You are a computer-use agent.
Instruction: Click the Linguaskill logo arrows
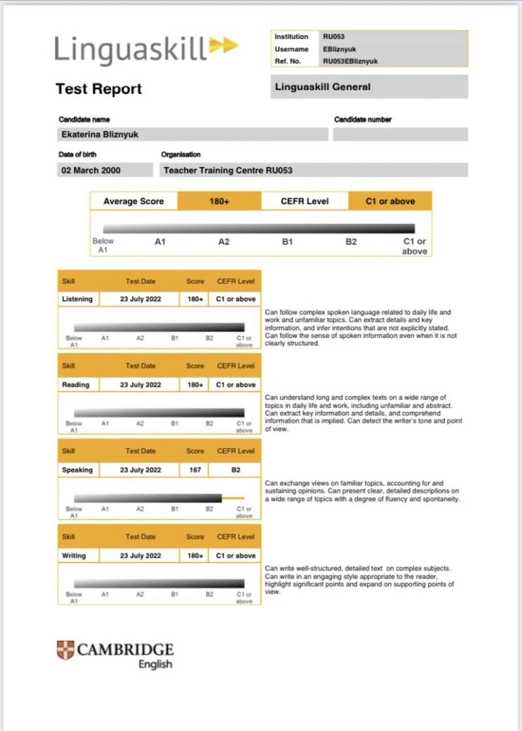point(224,46)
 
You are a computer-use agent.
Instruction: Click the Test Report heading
point(99,89)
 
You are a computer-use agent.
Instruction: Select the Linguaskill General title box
point(369,87)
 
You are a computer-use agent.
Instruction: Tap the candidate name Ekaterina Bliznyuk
point(99,134)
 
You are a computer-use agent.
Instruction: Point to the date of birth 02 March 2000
point(91,170)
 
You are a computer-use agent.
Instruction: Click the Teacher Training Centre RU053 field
point(228,170)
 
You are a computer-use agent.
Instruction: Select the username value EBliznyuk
point(339,49)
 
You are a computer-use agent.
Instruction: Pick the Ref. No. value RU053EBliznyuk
point(350,61)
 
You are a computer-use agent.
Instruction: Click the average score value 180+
point(219,201)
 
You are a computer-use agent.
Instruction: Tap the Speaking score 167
point(195,470)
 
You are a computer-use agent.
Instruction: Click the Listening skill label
point(77,299)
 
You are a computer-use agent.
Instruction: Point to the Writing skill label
point(74,555)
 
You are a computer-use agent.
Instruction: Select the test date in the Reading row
point(140,385)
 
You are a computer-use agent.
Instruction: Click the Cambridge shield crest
point(65,650)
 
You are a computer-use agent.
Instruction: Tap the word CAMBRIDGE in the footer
point(125,649)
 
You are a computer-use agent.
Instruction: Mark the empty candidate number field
point(400,134)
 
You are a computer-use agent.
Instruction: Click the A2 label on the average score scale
point(224,241)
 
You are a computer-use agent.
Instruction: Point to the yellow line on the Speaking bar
point(233,498)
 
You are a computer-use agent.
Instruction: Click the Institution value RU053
point(333,37)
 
